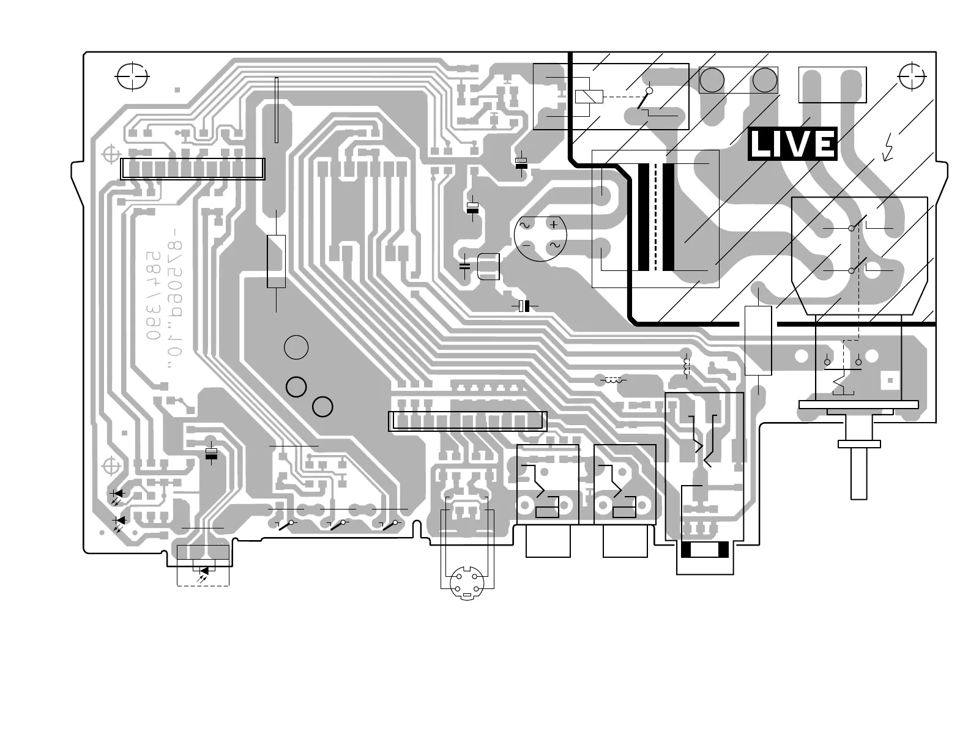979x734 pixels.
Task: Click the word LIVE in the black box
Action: click(x=792, y=144)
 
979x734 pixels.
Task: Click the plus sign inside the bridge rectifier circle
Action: click(x=554, y=224)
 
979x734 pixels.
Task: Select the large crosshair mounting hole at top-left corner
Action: click(x=132, y=76)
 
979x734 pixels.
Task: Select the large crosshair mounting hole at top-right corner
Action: click(x=912, y=76)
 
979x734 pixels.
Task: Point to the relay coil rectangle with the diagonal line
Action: click(x=589, y=97)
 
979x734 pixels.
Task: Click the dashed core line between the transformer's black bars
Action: click(x=656, y=217)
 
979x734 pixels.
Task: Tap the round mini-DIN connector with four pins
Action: click(x=467, y=584)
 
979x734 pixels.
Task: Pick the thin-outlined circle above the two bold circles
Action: click(x=296, y=347)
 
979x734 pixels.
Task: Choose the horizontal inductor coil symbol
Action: click(x=613, y=380)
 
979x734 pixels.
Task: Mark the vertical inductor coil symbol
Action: click(x=686, y=365)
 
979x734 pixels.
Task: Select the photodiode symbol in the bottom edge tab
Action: click(x=203, y=571)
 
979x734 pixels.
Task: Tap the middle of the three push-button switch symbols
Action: click(x=340, y=524)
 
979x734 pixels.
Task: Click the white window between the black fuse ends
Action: click(x=705, y=550)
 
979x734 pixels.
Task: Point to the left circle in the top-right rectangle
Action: click(x=712, y=80)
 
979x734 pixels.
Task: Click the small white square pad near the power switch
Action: click(x=890, y=380)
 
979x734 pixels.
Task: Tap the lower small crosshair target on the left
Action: click(x=111, y=466)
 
